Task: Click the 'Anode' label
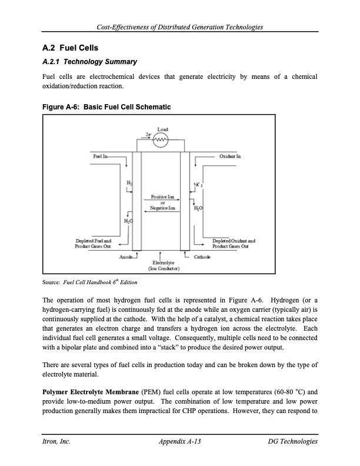coord(126,257)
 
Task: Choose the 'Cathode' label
coord(204,257)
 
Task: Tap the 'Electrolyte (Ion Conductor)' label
coord(161,266)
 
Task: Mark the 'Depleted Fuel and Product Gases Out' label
coord(94,243)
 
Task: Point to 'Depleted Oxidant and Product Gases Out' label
coord(234,243)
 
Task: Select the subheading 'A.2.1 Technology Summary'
coord(89,62)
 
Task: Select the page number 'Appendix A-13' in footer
coord(180,441)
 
